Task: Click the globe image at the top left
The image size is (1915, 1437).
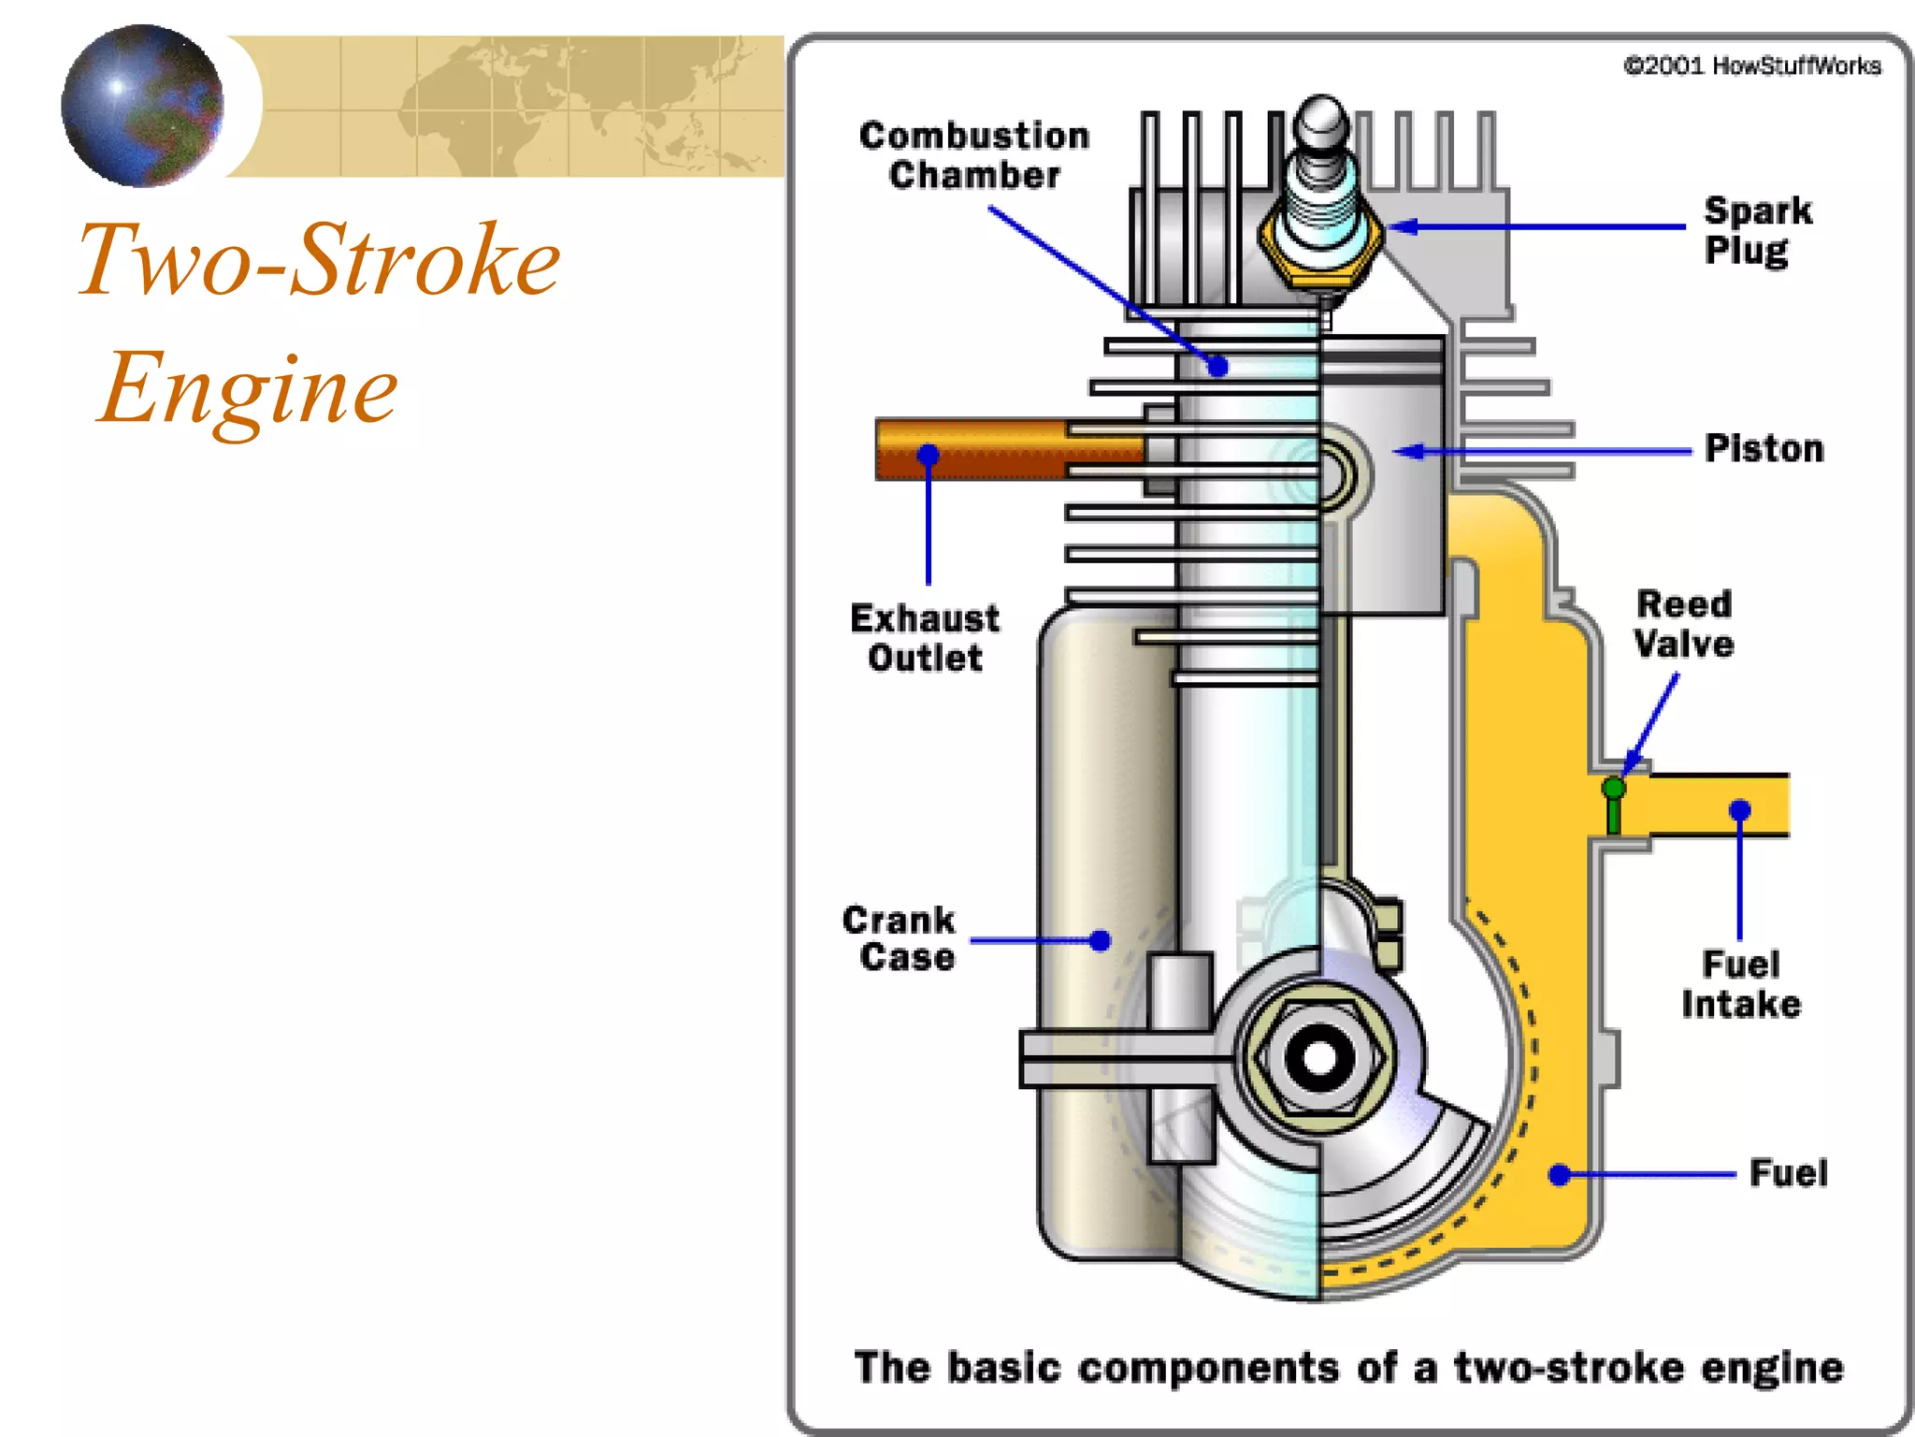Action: pos(142,106)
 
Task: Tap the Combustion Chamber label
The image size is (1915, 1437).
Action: pos(973,155)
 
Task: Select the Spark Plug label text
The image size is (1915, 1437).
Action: pos(1757,230)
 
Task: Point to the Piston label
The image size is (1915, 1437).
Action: pos(1764,449)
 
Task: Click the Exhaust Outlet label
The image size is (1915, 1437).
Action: pos(925,638)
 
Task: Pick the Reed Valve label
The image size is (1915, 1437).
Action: pos(1684,624)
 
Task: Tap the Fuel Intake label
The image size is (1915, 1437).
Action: pos(1740,984)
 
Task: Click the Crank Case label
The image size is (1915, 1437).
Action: pos(899,938)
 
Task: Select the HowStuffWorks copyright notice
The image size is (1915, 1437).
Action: pos(1752,65)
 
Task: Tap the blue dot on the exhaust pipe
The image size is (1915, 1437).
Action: pos(928,455)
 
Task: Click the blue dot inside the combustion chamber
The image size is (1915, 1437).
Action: pos(1217,366)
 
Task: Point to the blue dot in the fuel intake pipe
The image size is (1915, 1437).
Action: pos(1739,809)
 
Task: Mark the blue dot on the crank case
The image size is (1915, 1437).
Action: pos(1101,940)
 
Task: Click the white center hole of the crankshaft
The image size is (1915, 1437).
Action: pos(1319,1058)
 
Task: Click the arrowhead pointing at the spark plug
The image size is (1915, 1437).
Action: pos(1401,226)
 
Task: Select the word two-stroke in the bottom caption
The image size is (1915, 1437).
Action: pos(1570,1368)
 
